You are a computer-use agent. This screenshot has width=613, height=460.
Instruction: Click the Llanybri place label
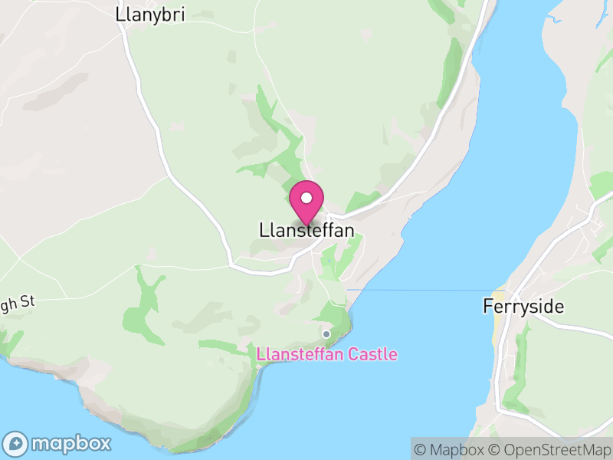coord(150,14)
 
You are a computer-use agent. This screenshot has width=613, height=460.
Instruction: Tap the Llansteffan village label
coord(306,230)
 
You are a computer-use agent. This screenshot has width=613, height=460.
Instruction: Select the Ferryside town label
coord(523,307)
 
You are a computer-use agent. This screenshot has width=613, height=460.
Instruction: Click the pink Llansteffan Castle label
coord(327,354)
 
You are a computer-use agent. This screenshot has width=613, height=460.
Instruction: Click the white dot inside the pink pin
coord(306,198)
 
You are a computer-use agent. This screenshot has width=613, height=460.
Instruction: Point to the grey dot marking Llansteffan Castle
coord(326,333)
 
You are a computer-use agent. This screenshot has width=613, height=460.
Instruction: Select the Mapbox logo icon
coord(17,443)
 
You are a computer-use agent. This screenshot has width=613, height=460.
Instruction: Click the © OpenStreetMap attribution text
coord(550,449)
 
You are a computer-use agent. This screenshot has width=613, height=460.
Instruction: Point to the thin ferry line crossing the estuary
coord(421,290)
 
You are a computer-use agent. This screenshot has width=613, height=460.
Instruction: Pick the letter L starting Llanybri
coord(119,14)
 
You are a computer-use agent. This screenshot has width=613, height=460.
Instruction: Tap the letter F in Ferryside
coord(487,307)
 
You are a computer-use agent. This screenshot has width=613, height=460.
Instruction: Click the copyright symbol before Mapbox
coord(420,449)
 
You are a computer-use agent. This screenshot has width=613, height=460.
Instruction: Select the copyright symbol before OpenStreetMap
coord(495,449)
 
